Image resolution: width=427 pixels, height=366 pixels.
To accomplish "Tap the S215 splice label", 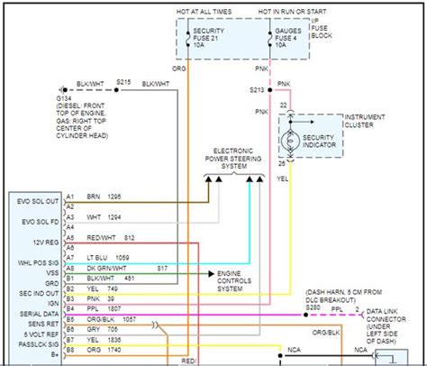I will (x=123, y=82).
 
